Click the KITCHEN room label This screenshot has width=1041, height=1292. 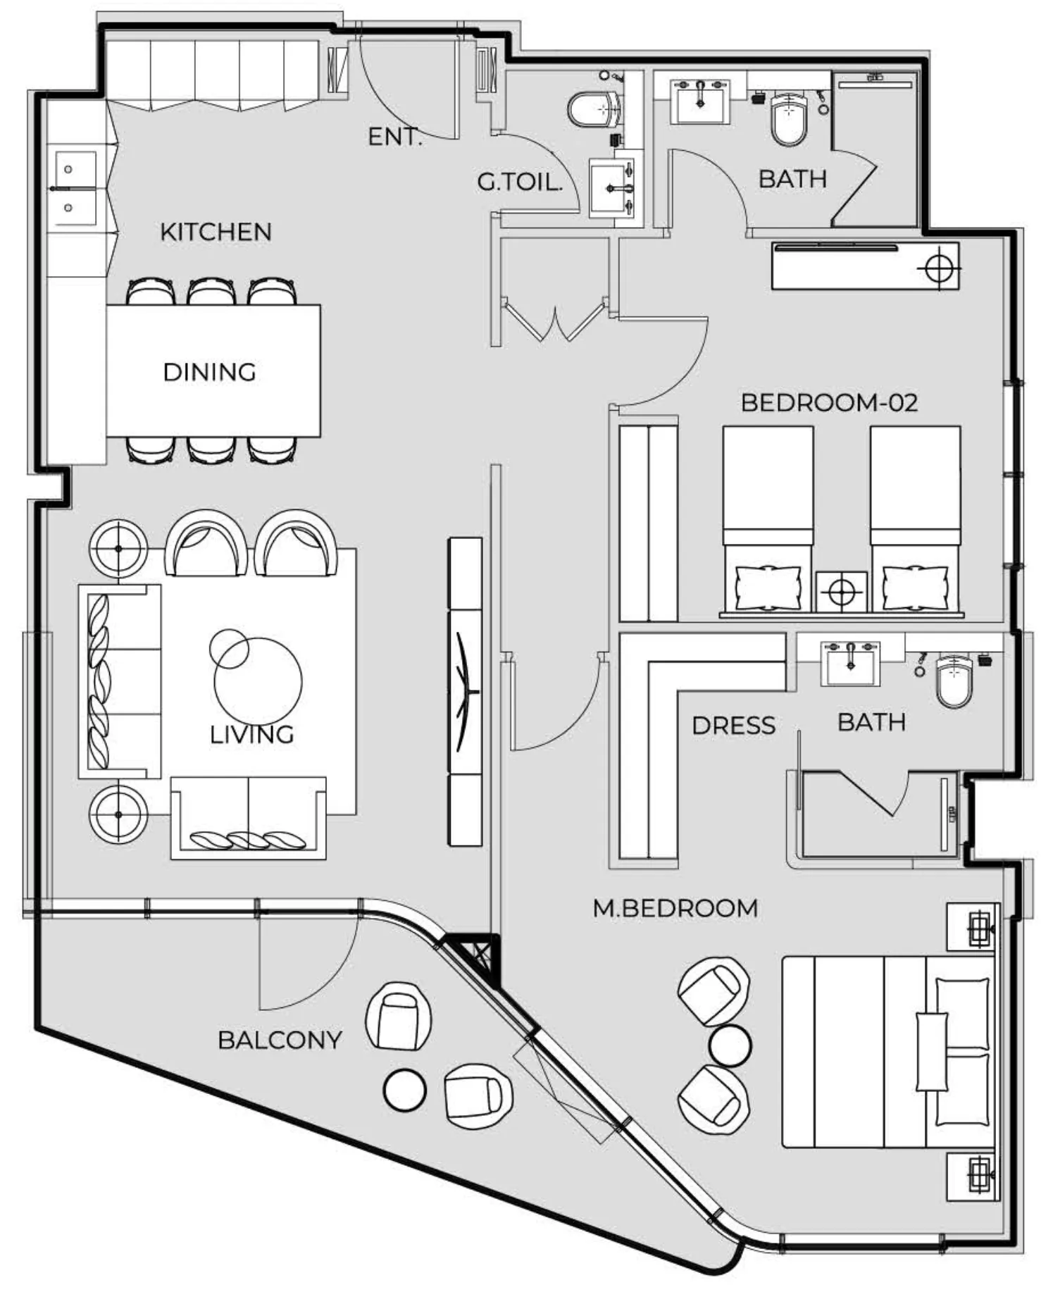coord(216,232)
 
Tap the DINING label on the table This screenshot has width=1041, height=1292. coord(209,372)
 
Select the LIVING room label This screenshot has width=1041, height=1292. coord(251,735)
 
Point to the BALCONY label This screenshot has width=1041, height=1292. coord(280,1040)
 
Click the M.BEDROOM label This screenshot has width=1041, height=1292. coord(675,908)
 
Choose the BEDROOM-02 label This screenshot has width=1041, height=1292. coord(829,402)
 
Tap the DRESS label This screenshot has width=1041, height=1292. coord(733,725)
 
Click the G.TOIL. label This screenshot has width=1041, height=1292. coord(520,182)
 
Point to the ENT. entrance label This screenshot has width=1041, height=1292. coord(394,137)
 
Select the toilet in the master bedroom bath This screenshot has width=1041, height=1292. coord(954,680)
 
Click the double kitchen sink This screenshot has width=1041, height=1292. coord(71,189)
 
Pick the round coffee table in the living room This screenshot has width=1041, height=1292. coord(258,681)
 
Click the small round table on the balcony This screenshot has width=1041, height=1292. coord(404,1090)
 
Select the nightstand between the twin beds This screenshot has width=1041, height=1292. coord(841,591)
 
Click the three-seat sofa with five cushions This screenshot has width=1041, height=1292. coord(119,681)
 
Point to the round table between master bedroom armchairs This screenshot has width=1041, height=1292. coord(730,1045)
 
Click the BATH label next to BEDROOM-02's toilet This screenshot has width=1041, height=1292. coord(792,179)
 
